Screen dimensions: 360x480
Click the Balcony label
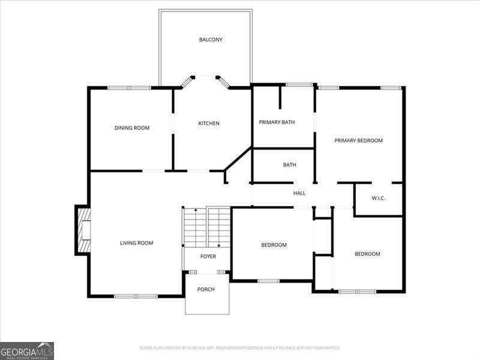pos(211,40)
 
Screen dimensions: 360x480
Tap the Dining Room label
pos(132,128)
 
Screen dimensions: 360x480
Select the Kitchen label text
pos(209,124)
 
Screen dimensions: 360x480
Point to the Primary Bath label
pos(277,122)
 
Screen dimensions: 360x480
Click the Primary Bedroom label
pos(358,140)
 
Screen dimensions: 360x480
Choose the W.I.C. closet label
pos(378,197)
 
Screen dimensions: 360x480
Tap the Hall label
pos(299,193)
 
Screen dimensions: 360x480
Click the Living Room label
pos(136,243)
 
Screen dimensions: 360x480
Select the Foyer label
pos(208,256)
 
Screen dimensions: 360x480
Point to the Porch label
pos(206,289)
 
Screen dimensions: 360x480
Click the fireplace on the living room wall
pos(83,230)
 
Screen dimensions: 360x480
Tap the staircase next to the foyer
pos(207,227)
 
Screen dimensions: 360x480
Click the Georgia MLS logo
pos(27,350)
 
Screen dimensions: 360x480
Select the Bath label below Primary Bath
pos(290,165)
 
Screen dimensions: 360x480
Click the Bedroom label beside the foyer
pos(274,245)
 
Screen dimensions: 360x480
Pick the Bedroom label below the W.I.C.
pos(367,254)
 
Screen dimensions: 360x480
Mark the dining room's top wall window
pos(129,88)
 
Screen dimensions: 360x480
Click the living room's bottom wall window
pos(136,296)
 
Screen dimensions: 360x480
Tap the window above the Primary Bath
pos(299,85)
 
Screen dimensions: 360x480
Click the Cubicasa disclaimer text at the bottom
pos(239,348)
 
